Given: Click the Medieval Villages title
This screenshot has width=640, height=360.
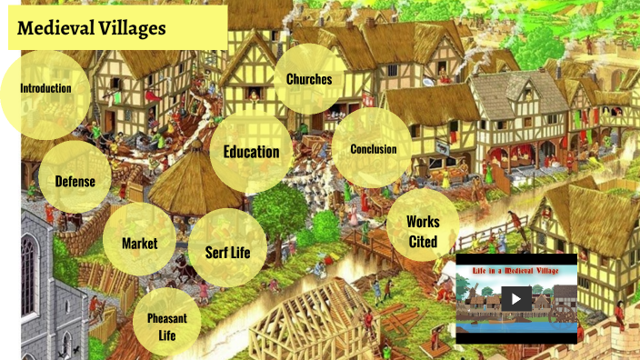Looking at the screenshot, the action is coord(92,28).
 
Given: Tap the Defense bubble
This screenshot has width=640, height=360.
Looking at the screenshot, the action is coord(75,181).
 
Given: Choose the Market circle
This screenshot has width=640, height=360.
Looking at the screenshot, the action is coord(139,243).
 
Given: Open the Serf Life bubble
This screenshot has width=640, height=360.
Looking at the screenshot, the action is coord(220,252).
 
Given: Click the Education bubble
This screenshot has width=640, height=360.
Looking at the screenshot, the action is coord(251,151).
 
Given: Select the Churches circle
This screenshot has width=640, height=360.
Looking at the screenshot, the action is coord(309,79).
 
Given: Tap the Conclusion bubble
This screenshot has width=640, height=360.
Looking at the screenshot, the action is coord(373,149).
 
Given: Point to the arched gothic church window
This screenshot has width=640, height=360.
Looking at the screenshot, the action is coord(28,273).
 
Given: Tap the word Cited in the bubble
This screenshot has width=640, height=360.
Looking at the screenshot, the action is coord(423,242).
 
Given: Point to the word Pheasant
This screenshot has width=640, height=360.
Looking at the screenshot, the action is coord(166,317).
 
